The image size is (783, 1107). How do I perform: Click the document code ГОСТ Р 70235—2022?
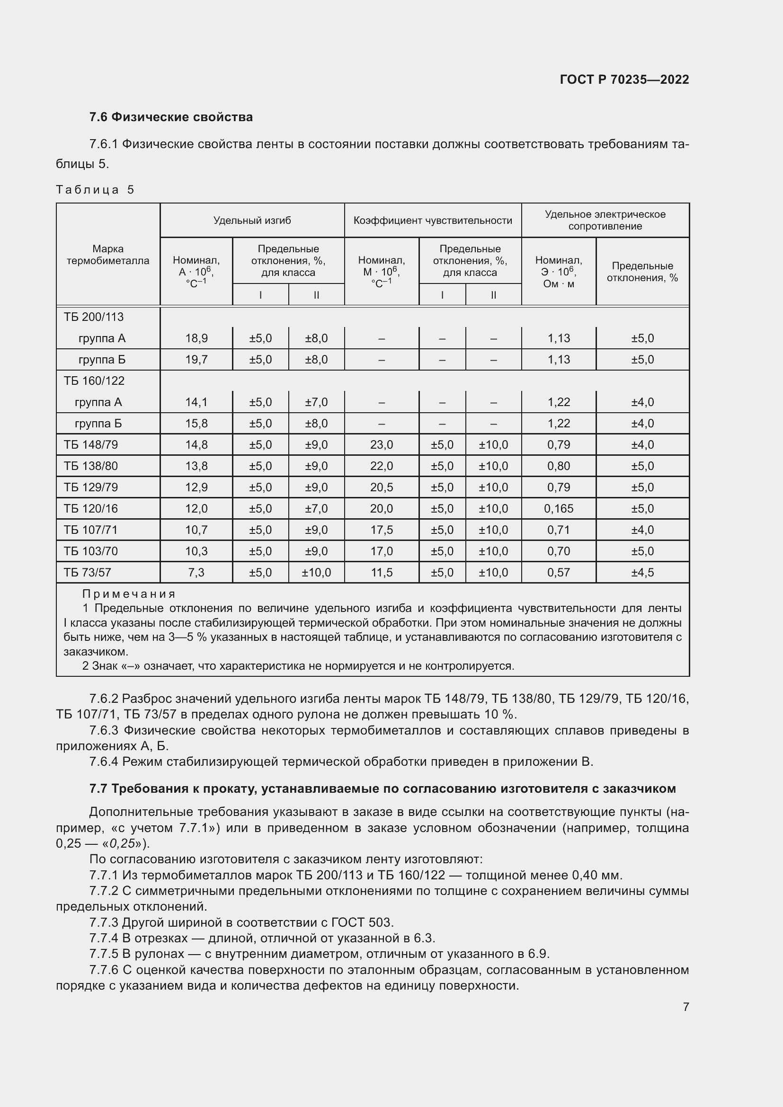coord(624,80)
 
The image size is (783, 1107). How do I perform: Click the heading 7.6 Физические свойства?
coord(171,117)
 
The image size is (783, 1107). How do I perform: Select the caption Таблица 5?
coord(95,189)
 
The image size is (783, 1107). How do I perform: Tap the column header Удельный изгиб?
coord(252,221)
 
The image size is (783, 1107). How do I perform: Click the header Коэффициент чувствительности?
coord(433,221)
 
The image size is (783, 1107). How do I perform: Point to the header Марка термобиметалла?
coord(108,255)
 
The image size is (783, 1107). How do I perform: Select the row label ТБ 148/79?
coord(90,444)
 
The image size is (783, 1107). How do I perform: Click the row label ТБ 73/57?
coord(87,572)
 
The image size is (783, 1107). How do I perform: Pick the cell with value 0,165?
coord(558,509)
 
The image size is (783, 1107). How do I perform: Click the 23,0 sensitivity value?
coord(382,444)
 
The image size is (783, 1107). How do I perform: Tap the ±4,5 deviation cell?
coord(642,572)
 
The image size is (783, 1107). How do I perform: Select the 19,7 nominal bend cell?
coord(196,360)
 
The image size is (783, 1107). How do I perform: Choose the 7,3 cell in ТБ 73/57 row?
coord(196,572)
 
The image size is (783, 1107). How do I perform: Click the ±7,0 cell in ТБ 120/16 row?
coord(316,509)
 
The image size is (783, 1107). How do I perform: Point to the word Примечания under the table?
coord(129,593)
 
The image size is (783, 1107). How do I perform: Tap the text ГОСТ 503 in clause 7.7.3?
coord(362,922)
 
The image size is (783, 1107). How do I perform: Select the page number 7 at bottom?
coord(685,1007)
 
